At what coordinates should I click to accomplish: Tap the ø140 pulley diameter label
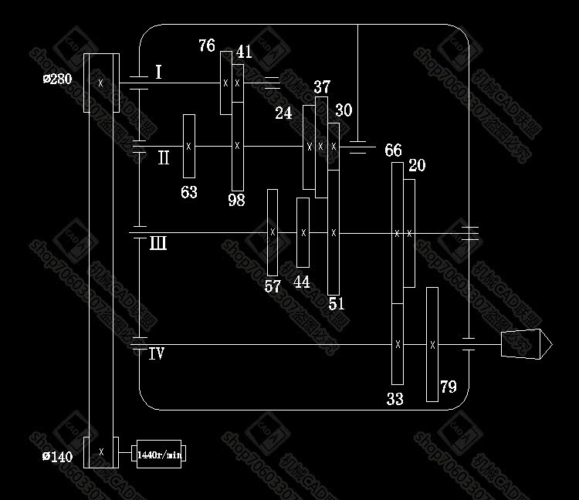pos(58,457)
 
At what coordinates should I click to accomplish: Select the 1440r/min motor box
pos(159,454)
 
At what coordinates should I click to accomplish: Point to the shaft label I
pos(158,73)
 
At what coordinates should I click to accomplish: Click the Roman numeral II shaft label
pos(164,158)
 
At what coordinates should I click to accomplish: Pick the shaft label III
pos(157,245)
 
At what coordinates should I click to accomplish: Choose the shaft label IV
pos(156,354)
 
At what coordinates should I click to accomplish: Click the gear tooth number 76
pos(206,46)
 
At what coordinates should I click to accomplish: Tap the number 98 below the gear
pos(236,200)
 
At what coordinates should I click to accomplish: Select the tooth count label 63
pos(188,192)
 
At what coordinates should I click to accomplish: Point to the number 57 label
pos(273,286)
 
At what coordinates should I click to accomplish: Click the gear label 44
pos(302,282)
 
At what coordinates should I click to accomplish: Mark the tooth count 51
pos(337,303)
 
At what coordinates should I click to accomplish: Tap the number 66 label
pos(393,150)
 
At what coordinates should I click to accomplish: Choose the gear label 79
pos(449,387)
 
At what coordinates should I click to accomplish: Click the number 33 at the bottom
pos(394,399)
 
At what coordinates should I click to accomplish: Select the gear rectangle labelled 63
pos(188,146)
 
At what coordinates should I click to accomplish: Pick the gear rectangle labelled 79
pos(432,344)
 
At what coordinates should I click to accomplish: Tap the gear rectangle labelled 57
pos(273,231)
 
